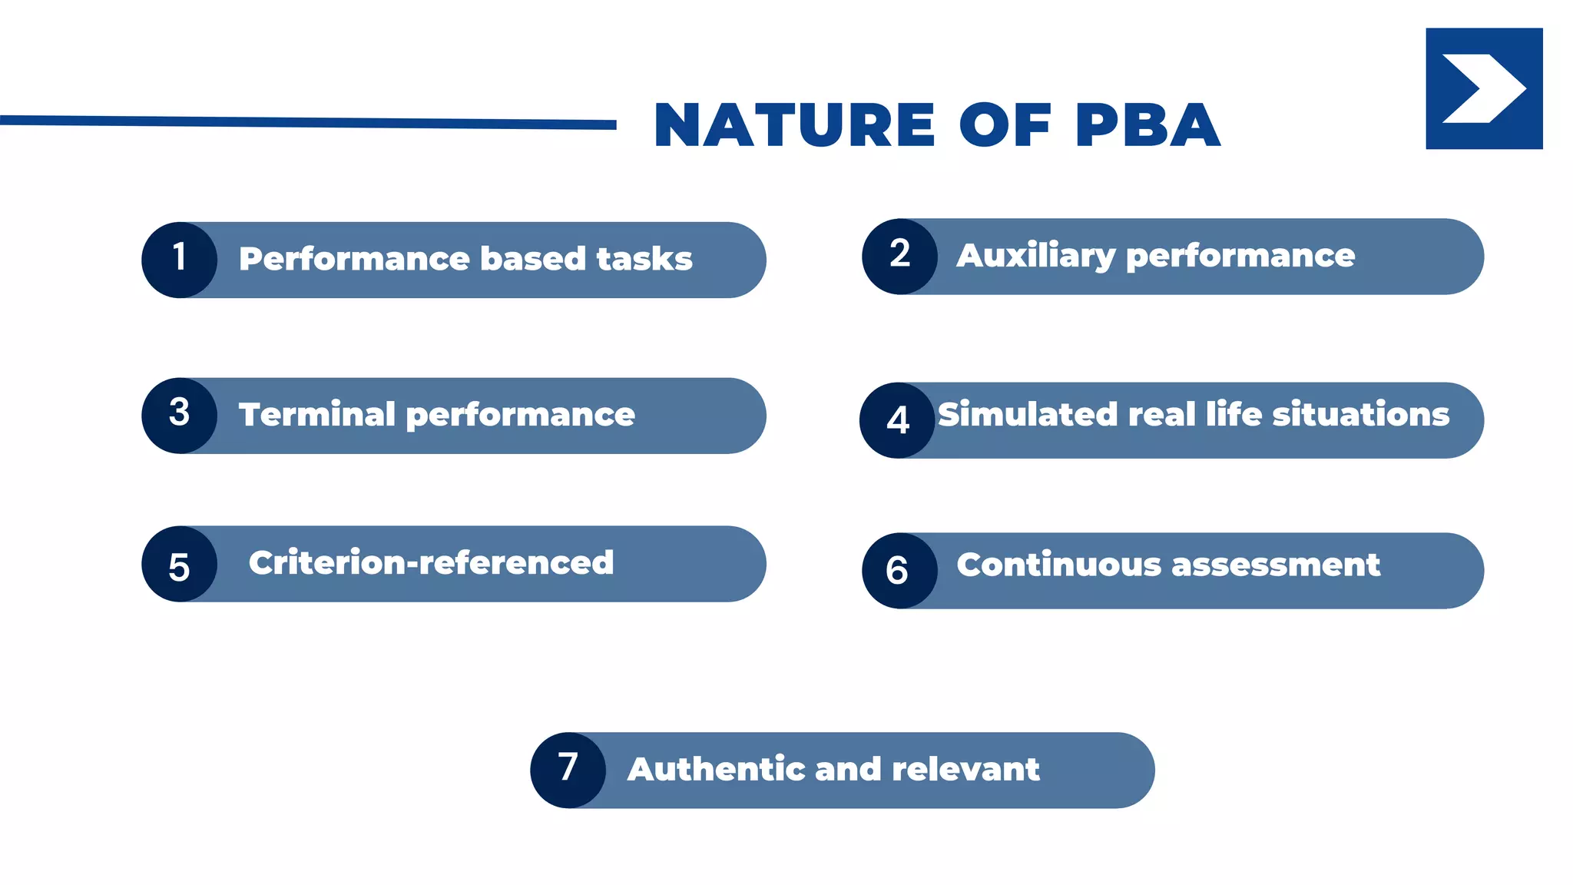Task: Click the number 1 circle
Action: [x=179, y=260]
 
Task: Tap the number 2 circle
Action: [x=899, y=256]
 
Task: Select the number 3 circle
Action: [x=179, y=415]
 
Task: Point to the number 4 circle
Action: [x=897, y=420]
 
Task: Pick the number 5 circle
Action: [x=179, y=564]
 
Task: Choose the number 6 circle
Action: [x=899, y=571]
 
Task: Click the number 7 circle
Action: [x=568, y=770]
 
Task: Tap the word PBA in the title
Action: [x=1147, y=125]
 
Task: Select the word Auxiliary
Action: [x=1035, y=256]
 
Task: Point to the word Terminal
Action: [x=316, y=415]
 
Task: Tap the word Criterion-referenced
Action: [x=431, y=563]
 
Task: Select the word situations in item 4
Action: [x=1360, y=415]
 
